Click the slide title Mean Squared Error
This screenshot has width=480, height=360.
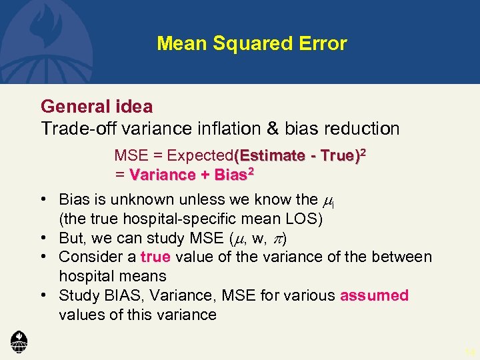point(251,44)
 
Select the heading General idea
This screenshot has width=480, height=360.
point(97,106)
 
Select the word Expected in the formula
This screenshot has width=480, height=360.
point(199,156)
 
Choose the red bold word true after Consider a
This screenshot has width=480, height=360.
point(155,257)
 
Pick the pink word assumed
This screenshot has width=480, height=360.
point(374,295)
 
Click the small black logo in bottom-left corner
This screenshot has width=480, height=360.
point(19,341)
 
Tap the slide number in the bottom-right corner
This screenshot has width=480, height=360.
point(471,351)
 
